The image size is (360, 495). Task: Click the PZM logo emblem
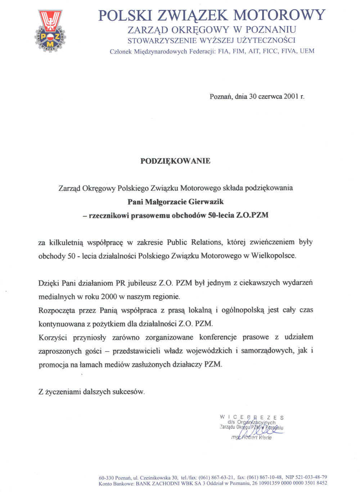tap(51, 31)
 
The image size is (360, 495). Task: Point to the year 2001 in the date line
tap(291, 96)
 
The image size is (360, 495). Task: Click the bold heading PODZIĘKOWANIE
tap(175, 161)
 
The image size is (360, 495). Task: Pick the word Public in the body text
tap(177, 242)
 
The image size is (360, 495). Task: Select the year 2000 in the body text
tap(109, 296)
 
